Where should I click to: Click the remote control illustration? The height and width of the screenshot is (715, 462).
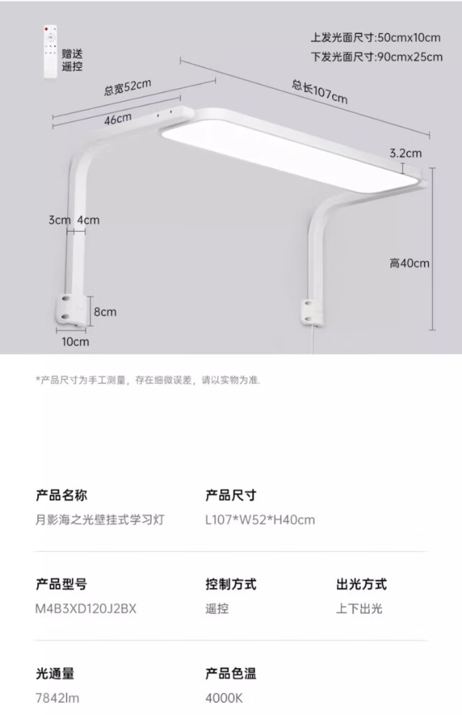(49, 51)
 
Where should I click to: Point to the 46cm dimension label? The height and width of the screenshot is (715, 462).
(117, 119)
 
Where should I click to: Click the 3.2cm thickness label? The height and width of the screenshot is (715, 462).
(405, 153)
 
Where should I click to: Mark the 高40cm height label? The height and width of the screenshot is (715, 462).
(409, 263)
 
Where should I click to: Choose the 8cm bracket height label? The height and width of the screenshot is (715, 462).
(105, 312)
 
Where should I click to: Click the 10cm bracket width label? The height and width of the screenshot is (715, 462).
(75, 341)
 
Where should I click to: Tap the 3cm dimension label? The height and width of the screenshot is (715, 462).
(59, 220)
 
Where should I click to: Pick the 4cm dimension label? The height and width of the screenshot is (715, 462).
(88, 220)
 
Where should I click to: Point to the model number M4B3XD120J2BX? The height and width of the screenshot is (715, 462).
(86, 608)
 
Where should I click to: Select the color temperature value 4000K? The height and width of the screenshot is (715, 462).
(225, 698)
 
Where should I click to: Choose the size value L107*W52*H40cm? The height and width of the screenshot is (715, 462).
(260, 519)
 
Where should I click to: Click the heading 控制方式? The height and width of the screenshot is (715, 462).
(231, 584)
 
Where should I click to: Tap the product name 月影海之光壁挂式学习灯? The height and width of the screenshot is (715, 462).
(100, 519)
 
